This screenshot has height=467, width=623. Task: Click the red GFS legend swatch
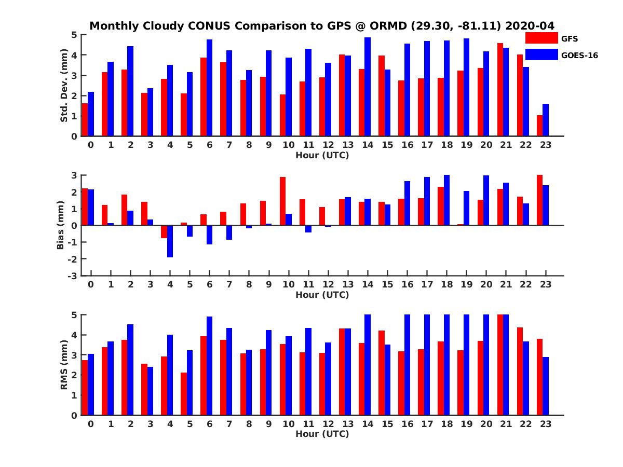541,38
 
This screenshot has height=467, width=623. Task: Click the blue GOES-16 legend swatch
541,54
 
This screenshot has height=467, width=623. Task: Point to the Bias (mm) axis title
61,225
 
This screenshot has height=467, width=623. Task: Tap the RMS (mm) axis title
64,365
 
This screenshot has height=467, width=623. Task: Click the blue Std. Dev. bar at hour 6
209,88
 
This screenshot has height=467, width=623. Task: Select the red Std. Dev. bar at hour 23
540,126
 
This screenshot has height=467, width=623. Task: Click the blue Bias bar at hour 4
170,241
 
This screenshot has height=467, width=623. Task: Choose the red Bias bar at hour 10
283,201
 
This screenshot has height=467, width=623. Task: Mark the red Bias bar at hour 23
540,200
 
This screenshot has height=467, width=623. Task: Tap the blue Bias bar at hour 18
446,200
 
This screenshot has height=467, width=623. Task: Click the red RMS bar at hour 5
184,394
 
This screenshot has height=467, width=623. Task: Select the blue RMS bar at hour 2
130,369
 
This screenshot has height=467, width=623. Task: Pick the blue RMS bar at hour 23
546,386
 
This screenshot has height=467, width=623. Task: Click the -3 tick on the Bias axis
73,276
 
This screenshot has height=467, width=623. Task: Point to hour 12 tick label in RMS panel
328,424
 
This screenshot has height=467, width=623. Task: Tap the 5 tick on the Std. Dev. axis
75,35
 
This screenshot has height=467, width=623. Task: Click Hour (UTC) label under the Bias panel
322,295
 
